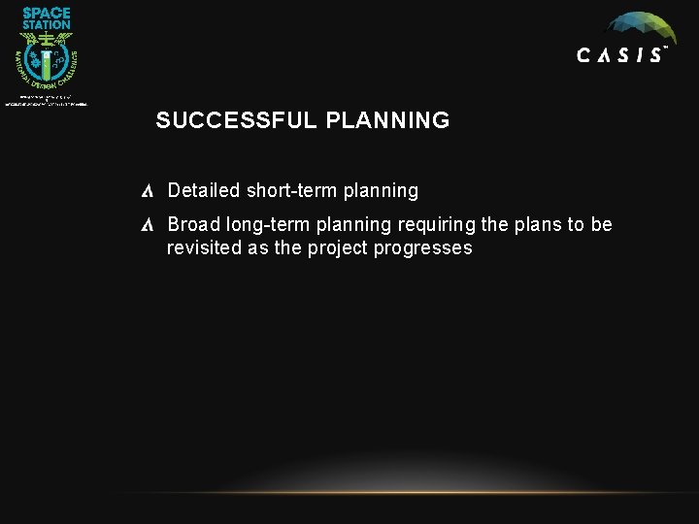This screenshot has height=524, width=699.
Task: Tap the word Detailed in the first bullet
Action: tap(203, 190)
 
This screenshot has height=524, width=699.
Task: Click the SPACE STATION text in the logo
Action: tap(47, 17)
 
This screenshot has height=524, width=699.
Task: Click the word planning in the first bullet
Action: tap(381, 190)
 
